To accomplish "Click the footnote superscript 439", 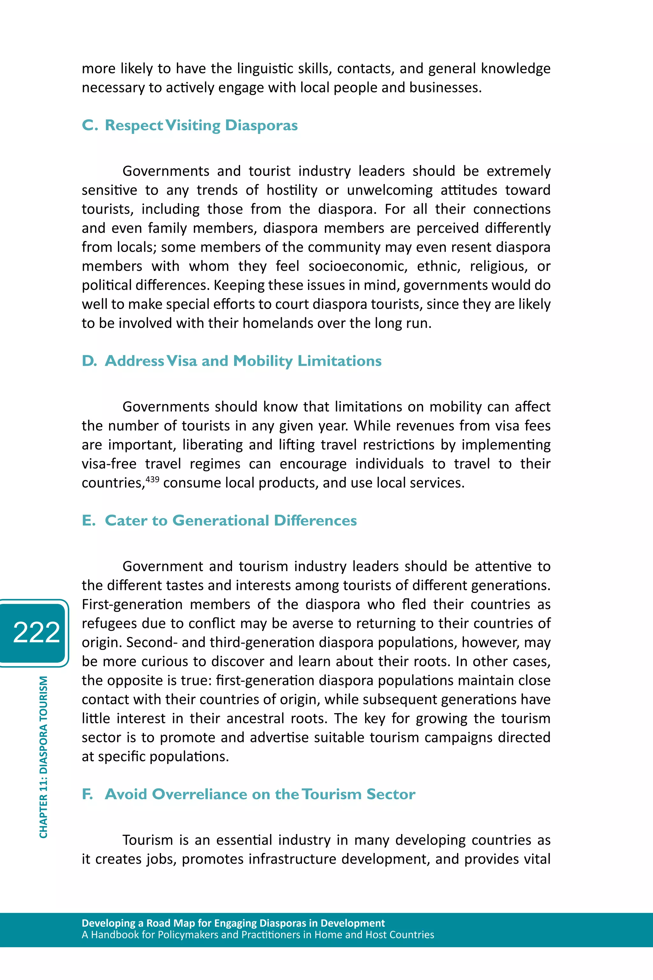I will pos(152,479).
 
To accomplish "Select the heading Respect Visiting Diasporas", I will pos(201,125).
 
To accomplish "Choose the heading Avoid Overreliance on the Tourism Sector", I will pos(260,794).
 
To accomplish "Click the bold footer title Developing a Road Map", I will pos(233,923).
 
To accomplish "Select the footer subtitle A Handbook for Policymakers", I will pos(258,935).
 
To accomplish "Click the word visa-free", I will pos(109,464).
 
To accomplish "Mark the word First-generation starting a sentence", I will pos(132,604).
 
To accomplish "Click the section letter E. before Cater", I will pos(89,520).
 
